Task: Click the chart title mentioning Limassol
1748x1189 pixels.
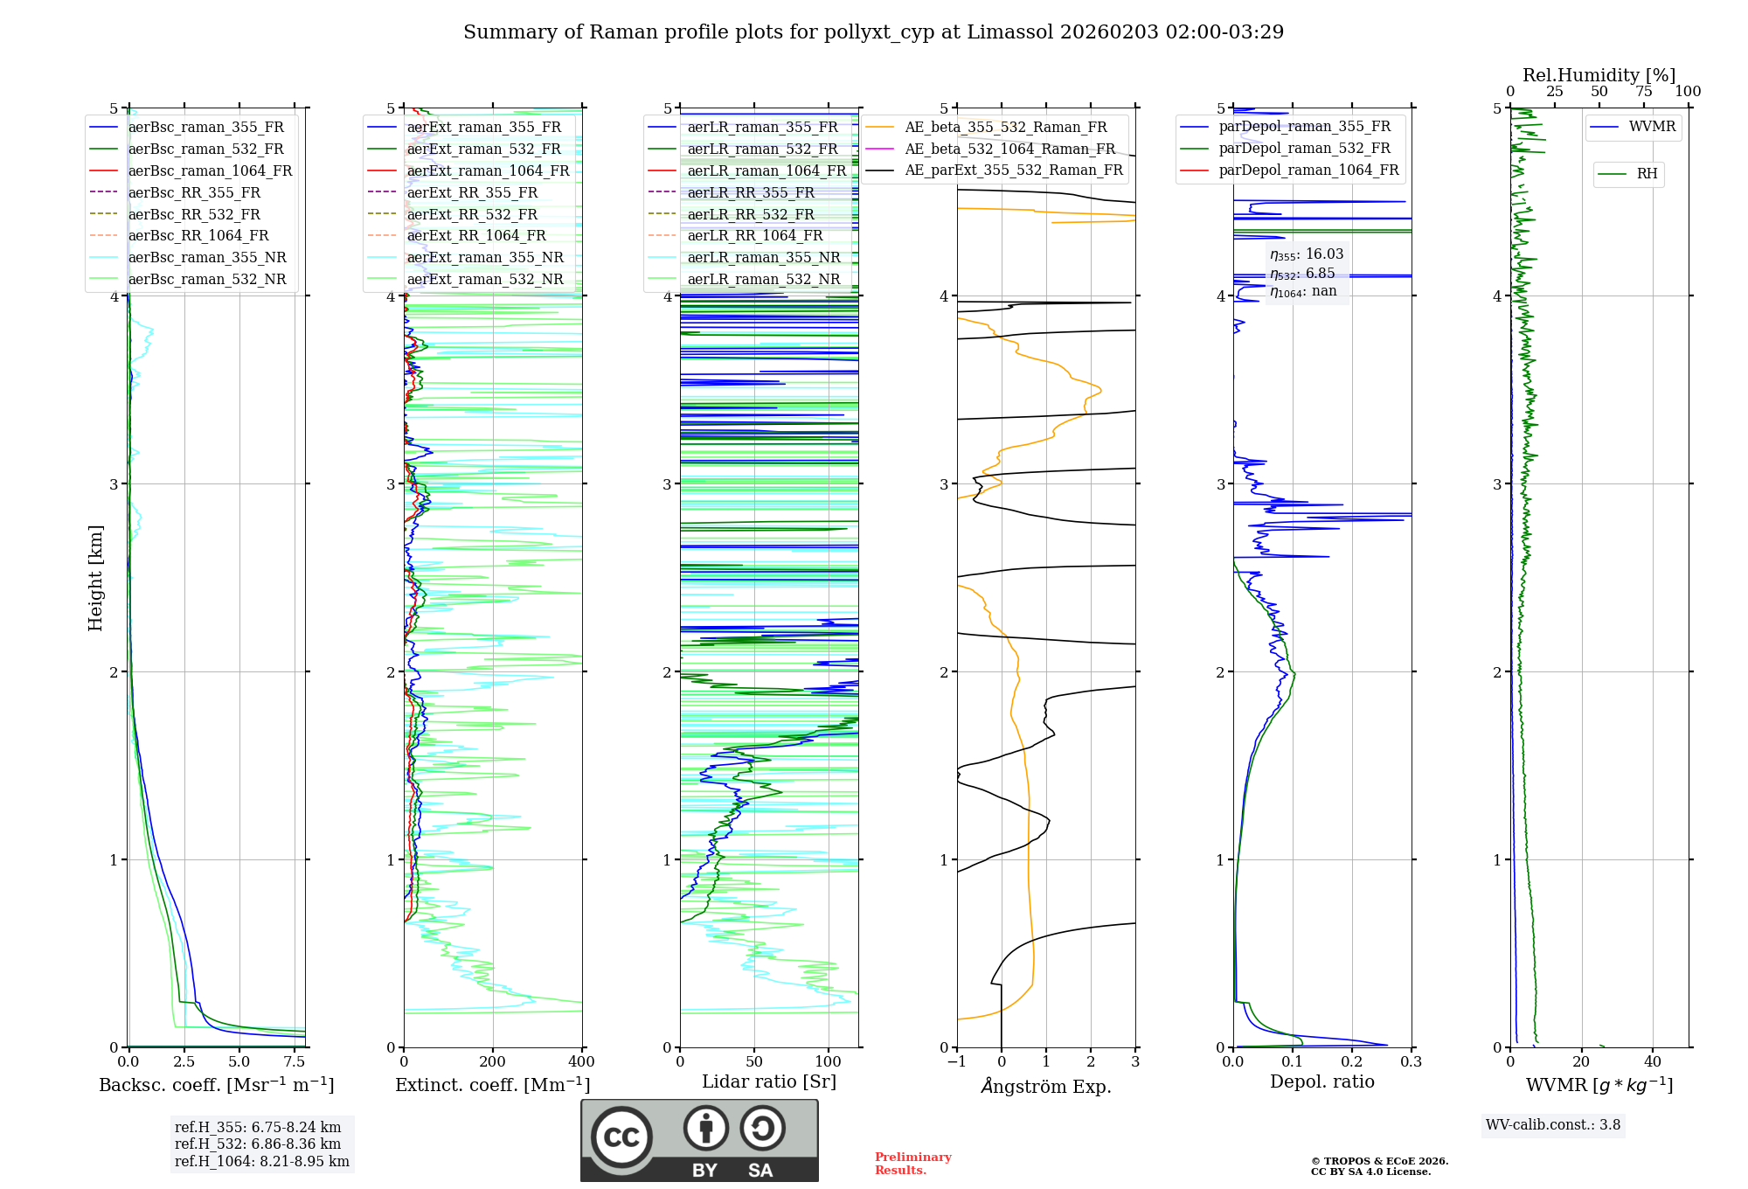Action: click(873, 32)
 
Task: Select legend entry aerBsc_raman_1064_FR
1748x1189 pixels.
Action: click(210, 170)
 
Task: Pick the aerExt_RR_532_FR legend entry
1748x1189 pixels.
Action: click(472, 214)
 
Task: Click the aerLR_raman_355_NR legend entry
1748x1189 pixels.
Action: click(763, 257)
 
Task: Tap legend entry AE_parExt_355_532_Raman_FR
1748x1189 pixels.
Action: click(1014, 170)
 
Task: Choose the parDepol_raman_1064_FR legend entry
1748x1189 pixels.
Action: click(1308, 170)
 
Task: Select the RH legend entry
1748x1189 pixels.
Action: click(1647, 174)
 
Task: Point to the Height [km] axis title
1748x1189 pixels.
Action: click(95, 578)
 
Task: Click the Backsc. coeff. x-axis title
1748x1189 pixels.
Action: click(217, 1085)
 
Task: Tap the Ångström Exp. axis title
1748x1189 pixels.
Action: click(1046, 1087)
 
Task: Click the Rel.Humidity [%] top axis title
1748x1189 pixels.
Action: click(1599, 75)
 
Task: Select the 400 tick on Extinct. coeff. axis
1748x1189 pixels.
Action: click(581, 1062)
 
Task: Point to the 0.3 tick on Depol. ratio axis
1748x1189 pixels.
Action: click(1411, 1062)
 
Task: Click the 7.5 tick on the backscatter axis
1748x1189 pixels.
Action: click(295, 1062)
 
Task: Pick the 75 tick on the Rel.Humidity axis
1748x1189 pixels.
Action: click(1643, 92)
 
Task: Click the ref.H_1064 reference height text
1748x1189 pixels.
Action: click(261, 1162)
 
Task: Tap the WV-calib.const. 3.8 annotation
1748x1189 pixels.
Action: click(1553, 1125)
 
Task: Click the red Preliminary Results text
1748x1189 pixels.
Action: click(912, 1164)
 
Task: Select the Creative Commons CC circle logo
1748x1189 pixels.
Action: click(621, 1137)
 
